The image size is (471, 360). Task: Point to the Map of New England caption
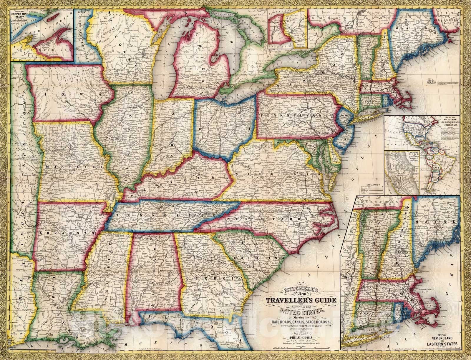pos(439,342)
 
